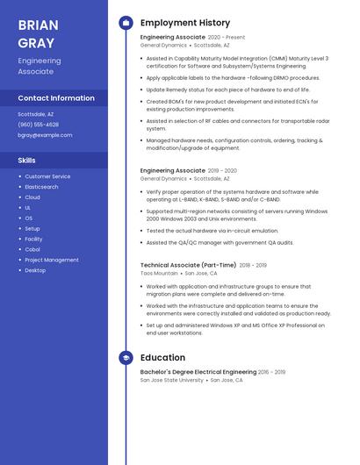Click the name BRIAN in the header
(x=37, y=25)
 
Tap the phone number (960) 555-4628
(x=39, y=125)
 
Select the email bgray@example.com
(x=45, y=135)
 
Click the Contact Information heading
(x=56, y=98)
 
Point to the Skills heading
(x=27, y=161)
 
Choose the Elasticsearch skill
(x=41, y=187)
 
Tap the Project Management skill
(x=52, y=260)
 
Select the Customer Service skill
(x=47, y=176)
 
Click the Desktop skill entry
(x=35, y=270)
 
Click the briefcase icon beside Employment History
(x=126, y=23)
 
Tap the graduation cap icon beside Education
(x=126, y=358)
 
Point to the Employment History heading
(x=185, y=23)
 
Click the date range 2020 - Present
(x=227, y=38)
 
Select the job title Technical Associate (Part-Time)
(x=188, y=265)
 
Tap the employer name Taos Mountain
(x=159, y=273)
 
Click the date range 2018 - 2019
(x=253, y=265)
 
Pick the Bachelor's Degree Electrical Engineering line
(x=198, y=372)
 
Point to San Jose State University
(x=171, y=380)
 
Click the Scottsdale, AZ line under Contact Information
(x=36, y=114)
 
